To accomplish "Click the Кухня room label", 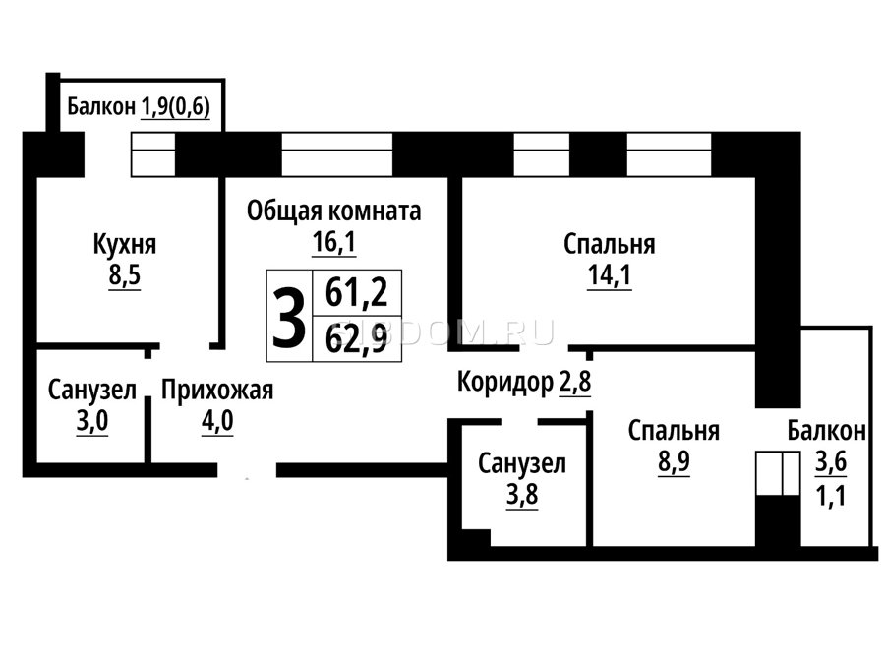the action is pos(124,245).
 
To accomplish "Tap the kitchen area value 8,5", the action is pos(125,276).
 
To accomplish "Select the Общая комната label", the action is pos(333,211).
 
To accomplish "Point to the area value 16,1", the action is pos(334,242).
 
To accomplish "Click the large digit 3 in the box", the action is pos(289,317).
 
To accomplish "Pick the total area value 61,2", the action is pos(357,293).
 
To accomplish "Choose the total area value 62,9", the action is pos(357,340).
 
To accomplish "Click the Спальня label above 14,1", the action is pos(610,245).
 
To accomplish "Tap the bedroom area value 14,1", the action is pos(610,275).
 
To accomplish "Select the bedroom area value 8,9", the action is pos(674,462).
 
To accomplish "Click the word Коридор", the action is pos(505,384).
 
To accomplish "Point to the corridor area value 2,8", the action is pos(575,383).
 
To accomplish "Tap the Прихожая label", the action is pos(217,391).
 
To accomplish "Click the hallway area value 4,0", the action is pos(217,421).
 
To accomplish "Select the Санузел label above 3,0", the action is pos(92,391).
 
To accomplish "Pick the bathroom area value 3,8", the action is pos(522,495).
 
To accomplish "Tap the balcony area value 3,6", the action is pos(831,462).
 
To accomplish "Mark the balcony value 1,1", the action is pos(831,497).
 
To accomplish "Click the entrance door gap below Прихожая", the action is pos(247,470).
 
